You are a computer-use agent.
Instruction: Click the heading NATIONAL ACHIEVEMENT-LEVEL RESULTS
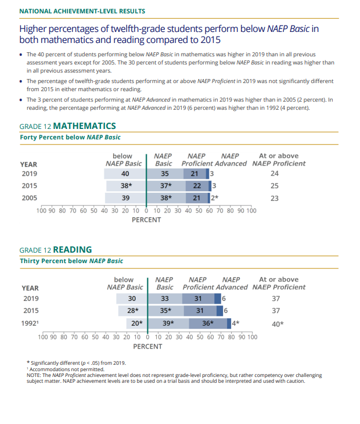[82, 11]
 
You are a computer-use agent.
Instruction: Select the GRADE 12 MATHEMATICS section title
[68, 125]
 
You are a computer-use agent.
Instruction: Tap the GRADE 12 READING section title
[56, 250]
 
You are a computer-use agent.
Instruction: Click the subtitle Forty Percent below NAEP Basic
[70, 137]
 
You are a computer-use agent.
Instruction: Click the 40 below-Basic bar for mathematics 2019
[125, 173]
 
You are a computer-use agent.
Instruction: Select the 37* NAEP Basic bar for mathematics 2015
[165, 186]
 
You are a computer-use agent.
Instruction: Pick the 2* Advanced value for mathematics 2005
[214, 198]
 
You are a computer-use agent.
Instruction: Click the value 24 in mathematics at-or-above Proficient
[275, 173]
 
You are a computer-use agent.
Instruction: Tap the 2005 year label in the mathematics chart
[30, 198]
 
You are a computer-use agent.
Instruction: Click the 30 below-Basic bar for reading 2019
[132, 299]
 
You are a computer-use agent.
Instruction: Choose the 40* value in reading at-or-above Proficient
[278, 324]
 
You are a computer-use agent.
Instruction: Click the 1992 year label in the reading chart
[31, 323]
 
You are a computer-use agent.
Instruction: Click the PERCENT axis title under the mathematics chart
[146, 220]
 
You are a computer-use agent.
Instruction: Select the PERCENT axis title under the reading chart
[147, 346]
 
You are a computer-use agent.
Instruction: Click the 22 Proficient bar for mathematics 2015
[196, 186]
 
